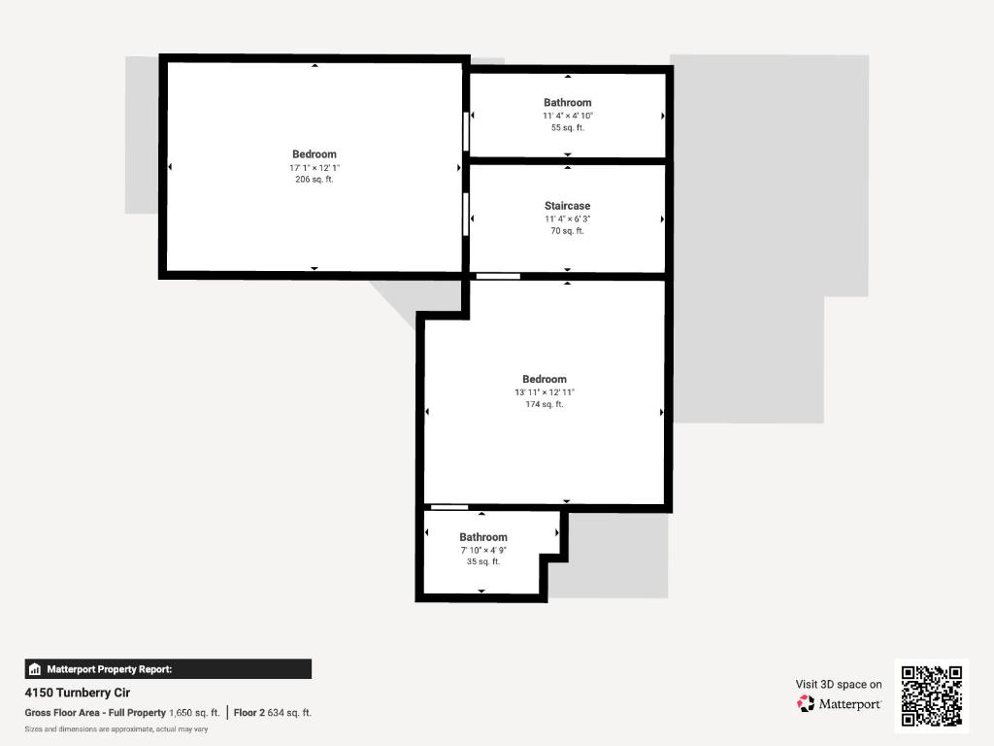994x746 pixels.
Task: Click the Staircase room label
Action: (x=567, y=206)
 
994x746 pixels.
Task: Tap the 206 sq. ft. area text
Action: (x=314, y=180)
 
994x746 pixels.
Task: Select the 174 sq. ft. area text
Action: (x=544, y=404)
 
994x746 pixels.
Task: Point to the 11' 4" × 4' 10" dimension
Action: (x=567, y=116)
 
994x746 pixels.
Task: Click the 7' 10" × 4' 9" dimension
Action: (x=483, y=550)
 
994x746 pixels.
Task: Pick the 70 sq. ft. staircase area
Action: (x=567, y=231)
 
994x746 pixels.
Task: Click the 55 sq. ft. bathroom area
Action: (x=567, y=128)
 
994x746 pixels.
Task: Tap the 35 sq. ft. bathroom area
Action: (x=483, y=562)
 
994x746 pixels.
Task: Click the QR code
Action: (x=932, y=695)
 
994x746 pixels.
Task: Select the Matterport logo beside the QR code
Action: (x=840, y=703)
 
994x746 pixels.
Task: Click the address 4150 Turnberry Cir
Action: (x=78, y=693)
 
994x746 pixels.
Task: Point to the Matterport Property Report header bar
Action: (x=168, y=668)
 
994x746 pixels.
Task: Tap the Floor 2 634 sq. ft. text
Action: (x=273, y=713)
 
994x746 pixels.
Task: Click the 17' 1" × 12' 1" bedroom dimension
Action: (x=314, y=167)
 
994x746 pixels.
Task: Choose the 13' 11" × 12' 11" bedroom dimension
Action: (x=544, y=391)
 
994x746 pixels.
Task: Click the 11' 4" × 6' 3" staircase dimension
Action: (x=567, y=219)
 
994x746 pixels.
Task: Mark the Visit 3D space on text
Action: (x=839, y=684)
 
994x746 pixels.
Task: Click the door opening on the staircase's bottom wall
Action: (x=498, y=277)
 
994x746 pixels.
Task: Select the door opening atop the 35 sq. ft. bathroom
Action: (x=449, y=507)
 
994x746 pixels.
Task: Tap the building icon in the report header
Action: (x=35, y=669)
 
